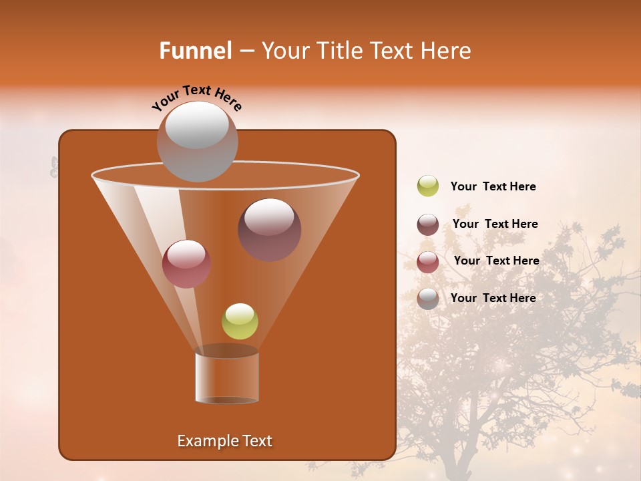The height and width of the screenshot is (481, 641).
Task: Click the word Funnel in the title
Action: (x=196, y=51)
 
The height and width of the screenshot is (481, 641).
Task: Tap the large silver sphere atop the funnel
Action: (x=198, y=141)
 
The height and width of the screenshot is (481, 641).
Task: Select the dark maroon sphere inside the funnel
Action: (x=269, y=229)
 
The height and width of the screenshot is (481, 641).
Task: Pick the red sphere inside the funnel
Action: (x=186, y=263)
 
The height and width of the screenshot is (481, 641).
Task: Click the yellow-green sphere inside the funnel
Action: (x=240, y=321)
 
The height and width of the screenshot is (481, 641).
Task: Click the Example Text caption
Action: (x=224, y=441)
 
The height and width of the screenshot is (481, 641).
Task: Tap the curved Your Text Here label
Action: (x=197, y=98)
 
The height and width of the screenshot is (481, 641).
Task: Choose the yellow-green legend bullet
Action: (x=428, y=186)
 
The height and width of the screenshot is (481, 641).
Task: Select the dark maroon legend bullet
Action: (x=428, y=224)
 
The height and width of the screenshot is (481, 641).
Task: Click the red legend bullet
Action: (x=428, y=262)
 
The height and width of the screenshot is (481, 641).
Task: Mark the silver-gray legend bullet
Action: (x=428, y=299)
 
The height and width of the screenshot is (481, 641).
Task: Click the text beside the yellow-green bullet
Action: (x=493, y=186)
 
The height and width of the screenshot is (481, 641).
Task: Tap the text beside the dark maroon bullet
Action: (x=495, y=224)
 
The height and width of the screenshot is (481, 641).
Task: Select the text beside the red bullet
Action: (x=496, y=261)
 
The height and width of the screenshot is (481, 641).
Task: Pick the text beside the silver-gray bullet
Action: (x=493, y=298)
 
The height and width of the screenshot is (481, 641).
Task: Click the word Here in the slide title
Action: (x=447, y=51)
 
